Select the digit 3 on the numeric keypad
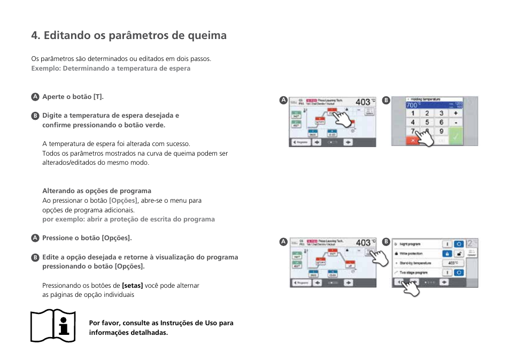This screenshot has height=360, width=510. click(x=441, y=113)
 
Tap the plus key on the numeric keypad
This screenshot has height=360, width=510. click(x=455, y=113)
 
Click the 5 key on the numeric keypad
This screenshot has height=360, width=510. click(x=427, y=122)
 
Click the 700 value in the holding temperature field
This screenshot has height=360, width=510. click(x=412, y=106)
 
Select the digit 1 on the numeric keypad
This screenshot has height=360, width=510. click(x=412, y=113)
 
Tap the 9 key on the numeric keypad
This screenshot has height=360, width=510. click(x=441, y=131)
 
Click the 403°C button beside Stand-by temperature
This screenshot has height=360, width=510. click(x=453, y=263)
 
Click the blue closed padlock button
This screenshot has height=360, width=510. click(x=446, y=254)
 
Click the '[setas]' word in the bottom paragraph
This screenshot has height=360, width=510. click(x=133, y=286)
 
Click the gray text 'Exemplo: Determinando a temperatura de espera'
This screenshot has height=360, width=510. click(x=111, y=68)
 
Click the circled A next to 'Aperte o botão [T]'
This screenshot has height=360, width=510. click(x=35, y=97)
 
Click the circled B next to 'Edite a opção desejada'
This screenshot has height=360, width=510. click(x=35, y=257)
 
